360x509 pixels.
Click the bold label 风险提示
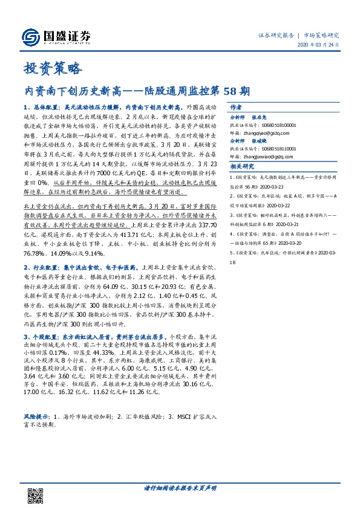pos(35,417)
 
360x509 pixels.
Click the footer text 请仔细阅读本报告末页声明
pos(180,487)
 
